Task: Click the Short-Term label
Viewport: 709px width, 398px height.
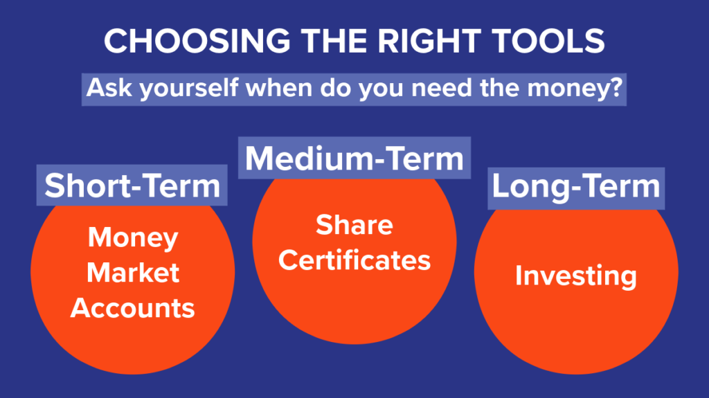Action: point(132,186)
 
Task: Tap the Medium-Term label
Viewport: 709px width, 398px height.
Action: point(354,158)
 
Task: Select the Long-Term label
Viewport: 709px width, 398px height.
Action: point(576,187)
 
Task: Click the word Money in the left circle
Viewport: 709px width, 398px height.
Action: point(133,239)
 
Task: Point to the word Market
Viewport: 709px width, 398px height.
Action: point(133,273)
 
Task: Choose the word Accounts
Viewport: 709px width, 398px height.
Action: point(133,307)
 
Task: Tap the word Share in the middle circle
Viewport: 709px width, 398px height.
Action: point(354,225)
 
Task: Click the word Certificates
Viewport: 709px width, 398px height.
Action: point(354,260)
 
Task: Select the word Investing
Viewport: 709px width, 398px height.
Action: point(576,276)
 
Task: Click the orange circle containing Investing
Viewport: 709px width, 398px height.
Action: point(576,318)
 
